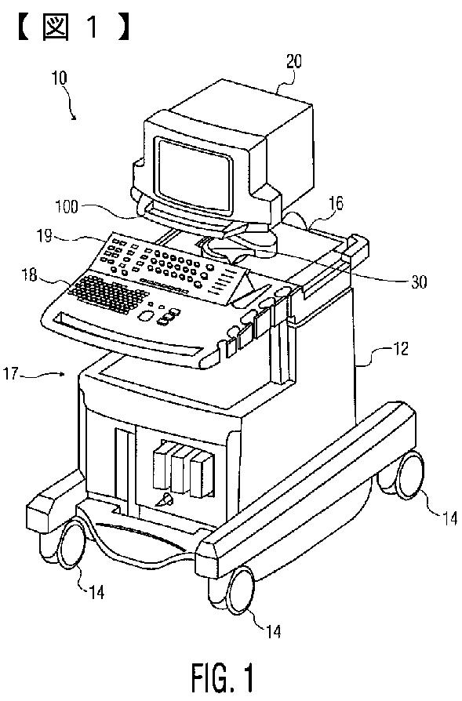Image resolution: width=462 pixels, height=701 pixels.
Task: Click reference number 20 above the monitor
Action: click(x=293, y=61)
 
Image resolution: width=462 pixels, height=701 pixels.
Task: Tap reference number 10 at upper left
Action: click(x=59, y=78)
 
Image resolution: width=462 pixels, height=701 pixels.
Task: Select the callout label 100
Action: click(x=66, y=207)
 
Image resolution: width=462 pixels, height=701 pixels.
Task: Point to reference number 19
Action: click(x=45, y=235)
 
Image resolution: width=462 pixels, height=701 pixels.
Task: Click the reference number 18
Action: click(x=30, y=274)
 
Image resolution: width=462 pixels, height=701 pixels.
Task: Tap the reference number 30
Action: click(x=419, y=281)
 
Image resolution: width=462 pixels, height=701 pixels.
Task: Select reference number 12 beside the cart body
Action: click(x=400, y=348)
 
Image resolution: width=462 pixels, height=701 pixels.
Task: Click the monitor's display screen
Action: click(x=194, y=173)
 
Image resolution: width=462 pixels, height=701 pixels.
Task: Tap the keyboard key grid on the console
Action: click(x=107, y=293)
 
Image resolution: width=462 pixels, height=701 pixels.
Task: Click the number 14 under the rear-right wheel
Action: click(x=449, y=518)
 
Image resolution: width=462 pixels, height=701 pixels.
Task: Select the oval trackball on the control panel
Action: click(x=145, y=316)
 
